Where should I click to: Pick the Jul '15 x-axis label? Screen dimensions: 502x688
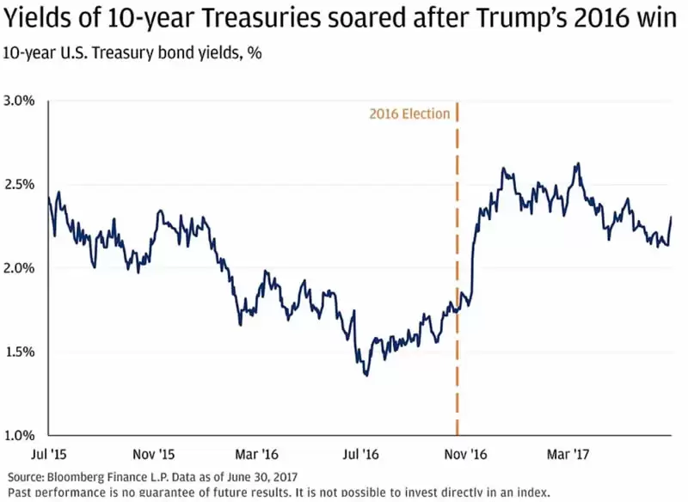click(x=49, y=452)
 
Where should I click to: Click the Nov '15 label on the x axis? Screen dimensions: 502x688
click(x=156, y=452)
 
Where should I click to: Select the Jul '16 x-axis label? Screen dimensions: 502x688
click(x=361, y=452)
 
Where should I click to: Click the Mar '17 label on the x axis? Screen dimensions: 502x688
click(x=569, y=452)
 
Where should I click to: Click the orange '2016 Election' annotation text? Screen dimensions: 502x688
click(x=409, y=113)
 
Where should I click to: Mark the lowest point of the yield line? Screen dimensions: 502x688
click(x=366, y=375)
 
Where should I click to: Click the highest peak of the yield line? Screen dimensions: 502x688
click(x=578, y=163)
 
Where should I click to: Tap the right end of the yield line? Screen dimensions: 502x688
click(x=671, y=217)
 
